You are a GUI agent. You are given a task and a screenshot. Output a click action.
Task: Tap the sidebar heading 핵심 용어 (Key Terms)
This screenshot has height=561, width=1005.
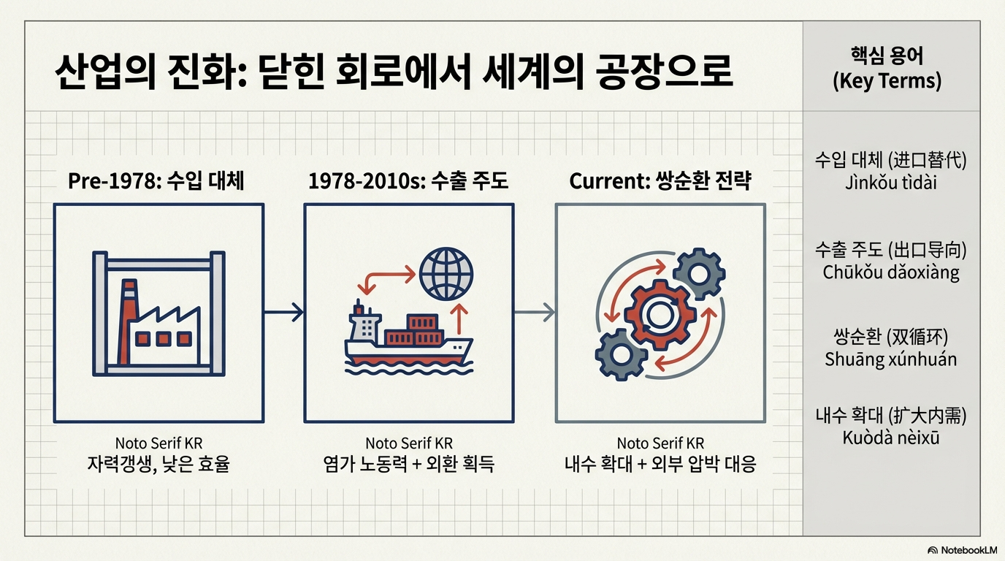point(887,68)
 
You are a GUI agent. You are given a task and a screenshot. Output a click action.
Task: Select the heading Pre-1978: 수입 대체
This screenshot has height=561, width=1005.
point(156,181)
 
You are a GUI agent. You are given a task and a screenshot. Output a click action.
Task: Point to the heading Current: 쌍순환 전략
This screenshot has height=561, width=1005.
point(660,181)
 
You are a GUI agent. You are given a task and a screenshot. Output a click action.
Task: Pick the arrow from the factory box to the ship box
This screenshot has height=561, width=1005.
point(283,313)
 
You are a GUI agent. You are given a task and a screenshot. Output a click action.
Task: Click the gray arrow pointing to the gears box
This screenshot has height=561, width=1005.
point(534,313)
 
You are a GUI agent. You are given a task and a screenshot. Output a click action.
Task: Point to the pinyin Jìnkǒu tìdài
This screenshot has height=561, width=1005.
point(890,182)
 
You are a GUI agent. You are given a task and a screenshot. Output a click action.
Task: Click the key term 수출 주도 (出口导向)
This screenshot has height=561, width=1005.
point(890,251)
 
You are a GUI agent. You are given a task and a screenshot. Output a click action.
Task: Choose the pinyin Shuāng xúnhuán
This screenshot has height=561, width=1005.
point(890,359)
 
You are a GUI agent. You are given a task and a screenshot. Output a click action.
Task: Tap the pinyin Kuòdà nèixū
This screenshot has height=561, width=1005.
point(890,438)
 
